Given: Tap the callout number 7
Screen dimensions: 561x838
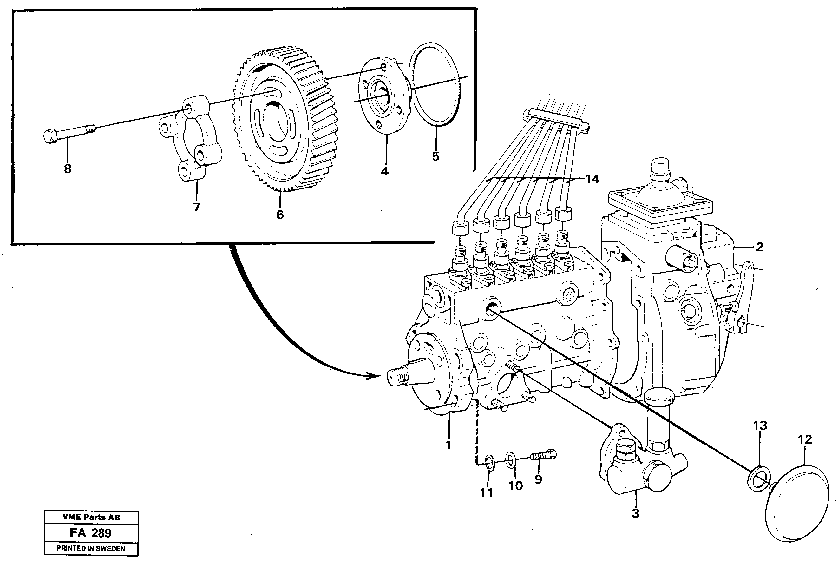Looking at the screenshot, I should pyautogui.click(x=196, y=207).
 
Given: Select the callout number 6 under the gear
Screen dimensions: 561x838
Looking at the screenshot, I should pyautogui.click(x=280, y=215).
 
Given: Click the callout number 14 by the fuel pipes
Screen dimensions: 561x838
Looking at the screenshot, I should pyautogui.click(x=592, y=179).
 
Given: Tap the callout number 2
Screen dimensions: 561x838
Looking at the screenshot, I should pyautogui.click(x=759, y=246).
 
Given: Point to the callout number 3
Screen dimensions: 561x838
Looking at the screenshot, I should pyautogui.click(x=635, y=513).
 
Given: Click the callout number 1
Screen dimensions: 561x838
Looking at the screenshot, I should pyautogui.click(x=448, y=445).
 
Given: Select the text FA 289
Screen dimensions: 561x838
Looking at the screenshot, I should pyautogui.click(x=90, y=533).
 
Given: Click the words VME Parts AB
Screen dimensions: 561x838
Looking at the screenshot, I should pyautogui.click(x=91, y=517).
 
